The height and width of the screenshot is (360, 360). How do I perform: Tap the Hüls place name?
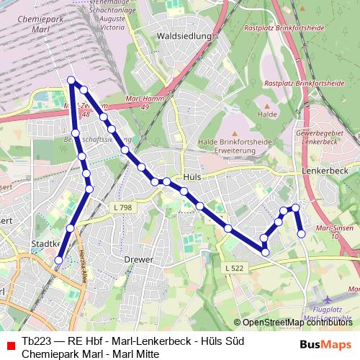(192, 176)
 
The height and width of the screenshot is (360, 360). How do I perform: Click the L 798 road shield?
(122, 207)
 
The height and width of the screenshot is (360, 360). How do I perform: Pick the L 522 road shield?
(235, 268)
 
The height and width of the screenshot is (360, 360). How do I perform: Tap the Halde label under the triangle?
(267, 114)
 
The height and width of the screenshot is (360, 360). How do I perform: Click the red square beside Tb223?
(9, 347)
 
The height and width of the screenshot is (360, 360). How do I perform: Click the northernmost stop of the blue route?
(71, 80)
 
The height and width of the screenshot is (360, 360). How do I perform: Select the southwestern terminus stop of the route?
(59, 261)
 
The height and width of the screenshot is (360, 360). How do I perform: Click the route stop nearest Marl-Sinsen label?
(302, 233)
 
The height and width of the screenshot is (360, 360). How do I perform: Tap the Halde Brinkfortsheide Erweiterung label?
(235, 146)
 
